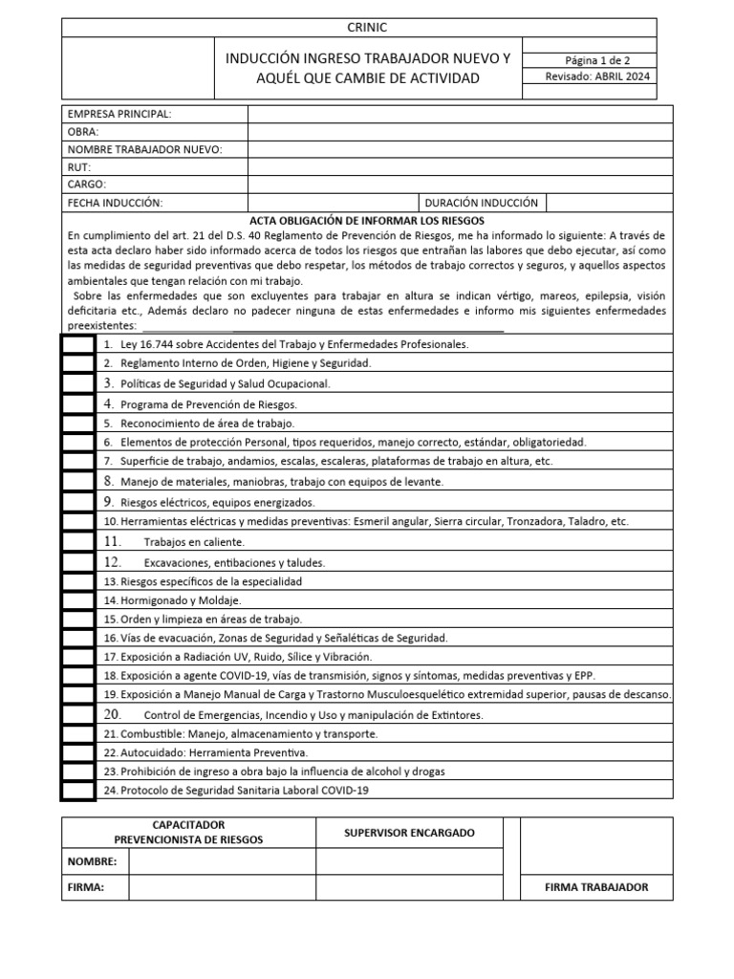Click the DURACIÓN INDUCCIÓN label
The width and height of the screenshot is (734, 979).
pos(481,203)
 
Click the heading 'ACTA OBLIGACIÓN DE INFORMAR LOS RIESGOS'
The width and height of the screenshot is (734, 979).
pos(367,220)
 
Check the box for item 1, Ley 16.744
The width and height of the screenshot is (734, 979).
pos(79,343)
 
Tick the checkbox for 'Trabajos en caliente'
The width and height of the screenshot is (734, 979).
pos(79,542)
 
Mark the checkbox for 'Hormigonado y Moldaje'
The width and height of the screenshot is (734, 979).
pos(79,600)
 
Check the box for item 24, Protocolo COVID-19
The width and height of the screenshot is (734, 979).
pos(79,790)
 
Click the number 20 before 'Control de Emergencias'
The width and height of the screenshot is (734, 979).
pos(112,714)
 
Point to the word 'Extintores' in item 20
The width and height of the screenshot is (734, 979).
pos(458,715)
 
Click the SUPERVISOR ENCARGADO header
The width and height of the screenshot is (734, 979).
pos(409,833)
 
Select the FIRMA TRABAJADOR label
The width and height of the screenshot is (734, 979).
pos(596,887)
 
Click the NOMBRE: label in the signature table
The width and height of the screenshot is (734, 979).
pos(92,861)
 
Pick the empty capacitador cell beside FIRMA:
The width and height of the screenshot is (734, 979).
pos(222,887)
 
